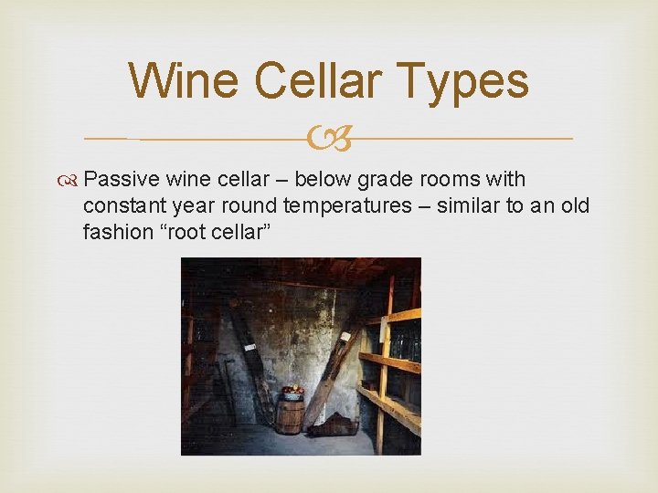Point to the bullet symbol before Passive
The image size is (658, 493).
coord(85,181)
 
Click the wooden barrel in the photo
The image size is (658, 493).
coord(290,416)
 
